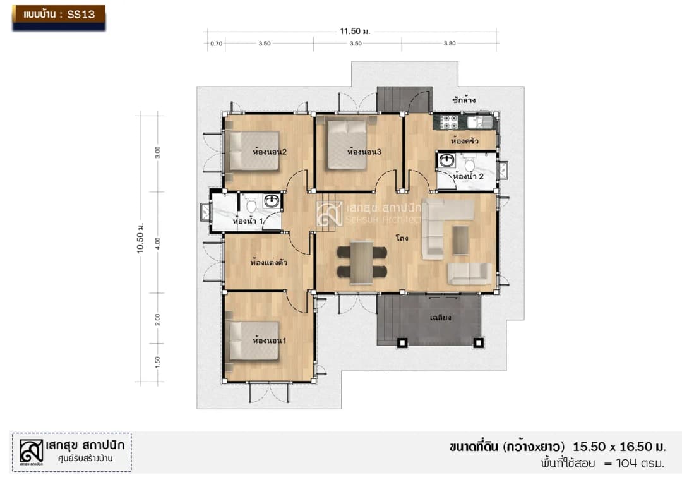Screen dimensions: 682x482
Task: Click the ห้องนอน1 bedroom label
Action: [x=269, y=340]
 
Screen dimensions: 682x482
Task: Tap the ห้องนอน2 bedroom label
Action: [x=269, y=152]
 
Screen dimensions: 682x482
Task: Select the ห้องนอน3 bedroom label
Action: [x=364, y=152]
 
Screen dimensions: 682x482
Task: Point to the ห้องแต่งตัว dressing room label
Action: [x=269, y=262]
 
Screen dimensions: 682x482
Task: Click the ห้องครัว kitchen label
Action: [x=465, y=140]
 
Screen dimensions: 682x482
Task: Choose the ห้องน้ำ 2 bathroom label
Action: [x=468, y=176]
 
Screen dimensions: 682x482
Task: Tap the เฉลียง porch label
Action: [x=440, y=318]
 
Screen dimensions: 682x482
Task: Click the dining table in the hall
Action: [x=361, y=262]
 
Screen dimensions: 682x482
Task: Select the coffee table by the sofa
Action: [x=460, y=239]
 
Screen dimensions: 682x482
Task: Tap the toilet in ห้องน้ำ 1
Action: [x=251, y=205]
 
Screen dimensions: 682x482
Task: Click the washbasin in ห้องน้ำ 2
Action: [x=446, y=160]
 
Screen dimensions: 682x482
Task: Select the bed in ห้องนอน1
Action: [x=254, y=341]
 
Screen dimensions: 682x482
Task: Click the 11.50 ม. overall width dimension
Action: [x=354, y=32]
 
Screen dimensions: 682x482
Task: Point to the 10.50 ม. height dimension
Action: [x=140, y=238]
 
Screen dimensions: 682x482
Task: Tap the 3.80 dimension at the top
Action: [x=450, y=44]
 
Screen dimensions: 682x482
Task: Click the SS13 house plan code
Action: [x=81, y=15]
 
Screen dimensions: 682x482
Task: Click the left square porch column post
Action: [x=402, y=343]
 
